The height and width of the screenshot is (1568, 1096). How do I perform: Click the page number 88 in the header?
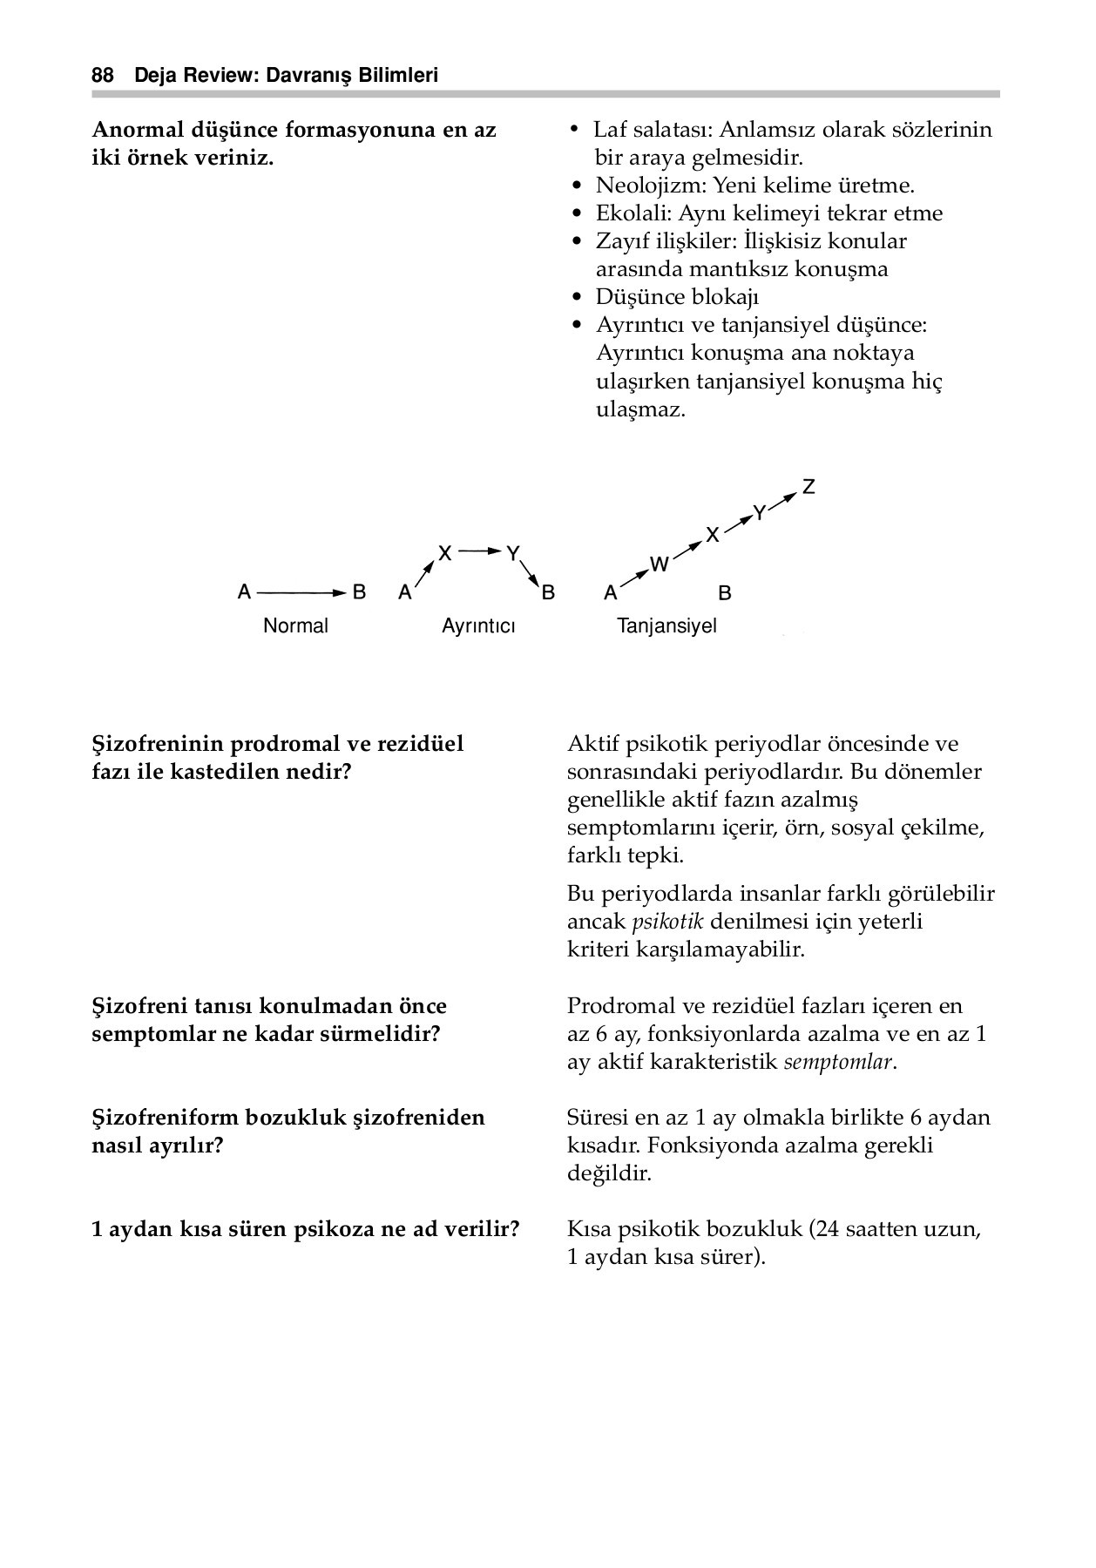[103, 76]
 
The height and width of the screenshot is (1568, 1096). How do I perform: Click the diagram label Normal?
[295, 625]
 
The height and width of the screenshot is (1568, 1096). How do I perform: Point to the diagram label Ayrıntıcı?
[478, 626]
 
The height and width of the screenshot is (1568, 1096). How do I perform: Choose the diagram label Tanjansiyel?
[666, 625]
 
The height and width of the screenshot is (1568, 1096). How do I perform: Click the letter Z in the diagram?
[808, 487]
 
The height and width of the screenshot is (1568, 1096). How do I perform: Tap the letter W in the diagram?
[660, 564]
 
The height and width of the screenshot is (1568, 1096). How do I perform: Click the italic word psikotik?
[666, 922]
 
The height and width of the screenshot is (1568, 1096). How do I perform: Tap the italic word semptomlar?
[838, 1062]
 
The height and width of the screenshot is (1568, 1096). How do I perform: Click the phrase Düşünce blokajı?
[678, 297]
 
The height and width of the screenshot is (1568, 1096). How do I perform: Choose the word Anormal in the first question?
[135, 130]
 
